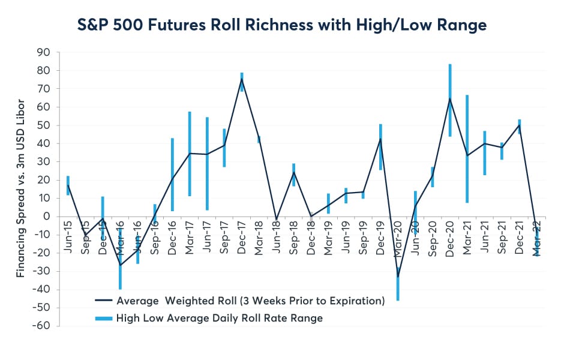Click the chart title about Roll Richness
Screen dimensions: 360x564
coord(283,25)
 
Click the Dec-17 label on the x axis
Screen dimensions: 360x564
coord(242,238)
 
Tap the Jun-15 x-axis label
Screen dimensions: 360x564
coord(68,238)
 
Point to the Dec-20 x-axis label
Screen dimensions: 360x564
coord(449,238)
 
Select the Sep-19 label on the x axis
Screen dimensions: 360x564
coord(363,238)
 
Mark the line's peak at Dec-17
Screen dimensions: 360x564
coord(242,79)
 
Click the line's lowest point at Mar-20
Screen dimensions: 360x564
coord(398,277)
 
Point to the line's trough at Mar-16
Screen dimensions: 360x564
coord(120,265)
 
